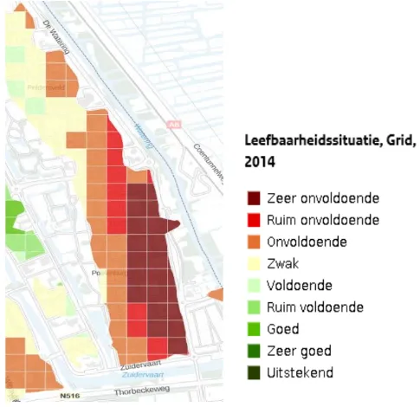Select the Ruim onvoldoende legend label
click(324, 220)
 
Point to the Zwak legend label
click(291, 263)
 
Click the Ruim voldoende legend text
click(316, 307)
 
